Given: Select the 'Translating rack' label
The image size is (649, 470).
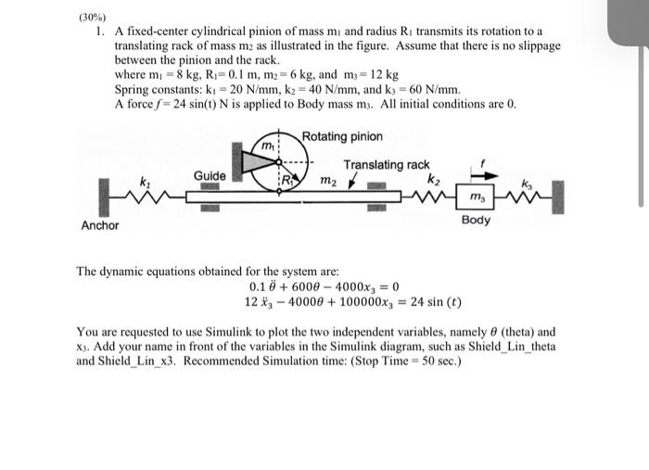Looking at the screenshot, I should click(387, 165).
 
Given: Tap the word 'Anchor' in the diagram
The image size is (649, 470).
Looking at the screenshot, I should click(100, 225).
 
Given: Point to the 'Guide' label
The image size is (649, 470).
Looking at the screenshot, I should click(210, 175).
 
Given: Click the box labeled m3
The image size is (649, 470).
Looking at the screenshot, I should click(476, 197).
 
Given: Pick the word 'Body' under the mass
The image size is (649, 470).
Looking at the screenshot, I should click(476, 221).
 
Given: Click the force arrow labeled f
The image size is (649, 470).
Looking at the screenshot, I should click(481, 171).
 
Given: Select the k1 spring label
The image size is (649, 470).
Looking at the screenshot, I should click(145, 183).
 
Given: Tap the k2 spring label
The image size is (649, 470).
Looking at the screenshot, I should click(433, 178).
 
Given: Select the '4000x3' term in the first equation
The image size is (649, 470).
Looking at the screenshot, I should click(364, 286).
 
